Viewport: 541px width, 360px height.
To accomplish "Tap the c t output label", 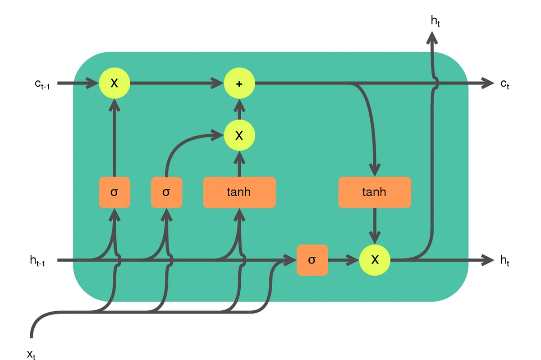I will tap(505, 84).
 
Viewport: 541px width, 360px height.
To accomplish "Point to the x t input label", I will tap(31, 354).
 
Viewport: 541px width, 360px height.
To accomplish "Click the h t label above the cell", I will tap(435, 20).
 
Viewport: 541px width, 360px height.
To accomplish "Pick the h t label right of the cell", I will tap(504, 260).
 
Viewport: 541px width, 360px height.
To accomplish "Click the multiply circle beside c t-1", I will tap(115, 83).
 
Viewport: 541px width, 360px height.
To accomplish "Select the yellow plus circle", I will tap(239, 83).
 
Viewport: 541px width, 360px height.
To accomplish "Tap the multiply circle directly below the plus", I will tap(239, 135).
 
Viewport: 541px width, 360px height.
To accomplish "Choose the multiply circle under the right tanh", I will tap(375, 260).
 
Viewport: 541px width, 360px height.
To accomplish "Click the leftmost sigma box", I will tap(115, 192).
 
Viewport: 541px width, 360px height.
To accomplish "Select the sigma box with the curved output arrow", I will tap(166, 192).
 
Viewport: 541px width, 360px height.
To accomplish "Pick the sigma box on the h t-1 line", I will tap(312, 260).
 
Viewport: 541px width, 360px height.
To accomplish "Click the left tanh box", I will tap(239, 192).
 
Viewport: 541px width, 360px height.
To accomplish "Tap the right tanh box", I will tap(375, 192).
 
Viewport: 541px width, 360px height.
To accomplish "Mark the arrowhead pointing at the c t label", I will tap(488, 83).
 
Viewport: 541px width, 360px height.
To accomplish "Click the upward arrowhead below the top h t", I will tap(432, 37).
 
